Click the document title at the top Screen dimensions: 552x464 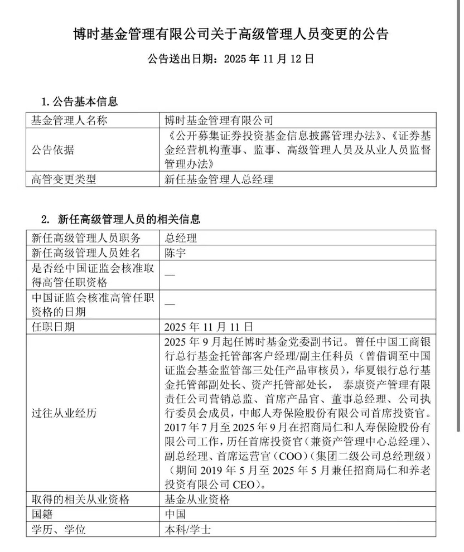[231, 34]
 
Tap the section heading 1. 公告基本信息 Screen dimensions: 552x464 [79, 102]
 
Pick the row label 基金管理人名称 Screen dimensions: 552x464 [69, 120]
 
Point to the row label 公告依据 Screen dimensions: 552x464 [52, 150]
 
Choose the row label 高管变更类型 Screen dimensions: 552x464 [64, 180]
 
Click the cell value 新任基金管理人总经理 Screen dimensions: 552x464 [219, 180]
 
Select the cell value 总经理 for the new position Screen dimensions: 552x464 [181, 237]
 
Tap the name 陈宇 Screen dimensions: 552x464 [176, 253]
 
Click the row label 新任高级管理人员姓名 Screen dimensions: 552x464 [86, 253]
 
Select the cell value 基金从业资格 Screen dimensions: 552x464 [197, 500]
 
